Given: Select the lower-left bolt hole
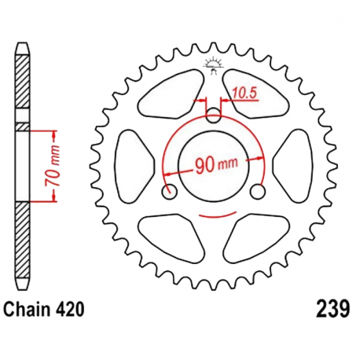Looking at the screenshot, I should (167, 191).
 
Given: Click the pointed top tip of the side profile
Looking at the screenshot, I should (22, 41).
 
